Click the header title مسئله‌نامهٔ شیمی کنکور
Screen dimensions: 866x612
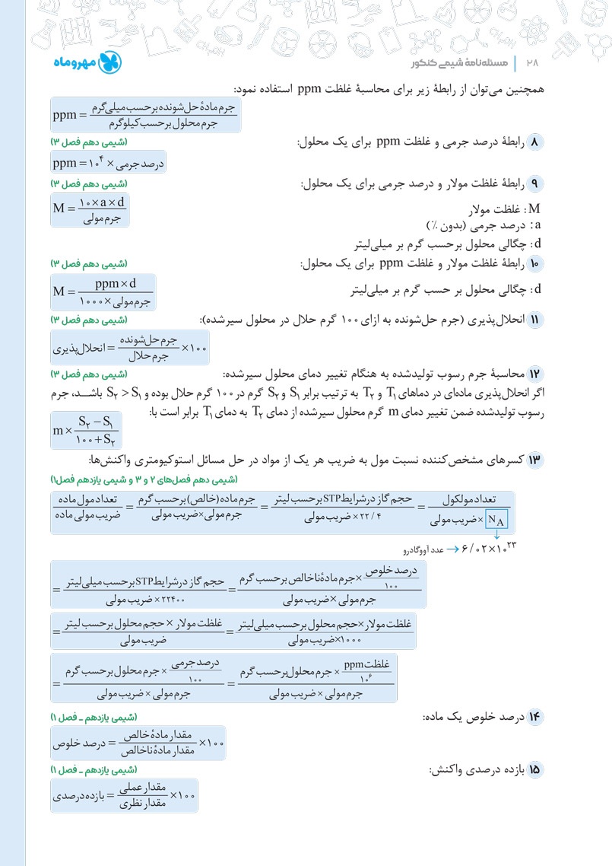(455, 63)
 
